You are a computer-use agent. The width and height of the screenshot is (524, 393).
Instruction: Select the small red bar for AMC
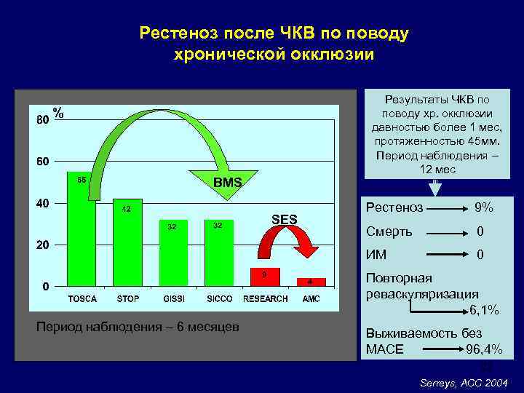pyautogui.click(x=310, y=282)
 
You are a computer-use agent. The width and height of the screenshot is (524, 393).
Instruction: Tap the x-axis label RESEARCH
pyautogui.click(x=265, y=299)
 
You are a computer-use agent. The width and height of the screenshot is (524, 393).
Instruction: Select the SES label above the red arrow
pyautogui.click(x=284, y=218)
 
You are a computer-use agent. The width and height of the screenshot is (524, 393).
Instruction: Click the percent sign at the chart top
pyautogui.click(x=58, y=114)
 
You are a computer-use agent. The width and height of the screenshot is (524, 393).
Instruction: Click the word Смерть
pyautogui.click(x=389, y=231)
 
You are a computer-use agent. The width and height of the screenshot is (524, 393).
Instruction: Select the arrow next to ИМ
pyautogui.click(x=447, y=255)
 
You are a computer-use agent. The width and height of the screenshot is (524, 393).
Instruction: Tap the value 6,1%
pyautogui.click(x=484, y=311)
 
